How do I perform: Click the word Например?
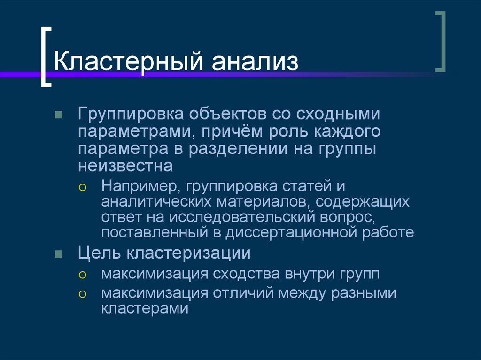point(141,186)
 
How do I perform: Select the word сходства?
point(248,274)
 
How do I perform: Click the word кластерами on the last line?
point(144,308)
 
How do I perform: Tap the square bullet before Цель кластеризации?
point(59,254)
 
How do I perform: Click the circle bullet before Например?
point(83,187)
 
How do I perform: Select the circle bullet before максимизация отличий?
point(83,294)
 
